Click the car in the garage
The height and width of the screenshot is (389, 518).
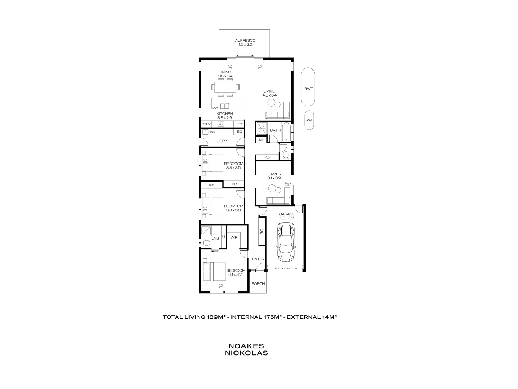pos(286,242)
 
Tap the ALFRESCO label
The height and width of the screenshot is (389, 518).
pos(245,41)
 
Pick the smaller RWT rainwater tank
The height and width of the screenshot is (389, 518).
pos(309,120)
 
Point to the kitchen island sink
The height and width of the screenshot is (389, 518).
pos(224,106)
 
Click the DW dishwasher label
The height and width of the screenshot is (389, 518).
pos(215,108)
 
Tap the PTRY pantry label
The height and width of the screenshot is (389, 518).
pos(206,124)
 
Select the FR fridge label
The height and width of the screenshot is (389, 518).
pos(240,124)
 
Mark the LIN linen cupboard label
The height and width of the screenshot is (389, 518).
pos(262,139)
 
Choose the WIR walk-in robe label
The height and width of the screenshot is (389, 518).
pos(234,237)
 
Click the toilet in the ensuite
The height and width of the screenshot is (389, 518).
pos(206,243)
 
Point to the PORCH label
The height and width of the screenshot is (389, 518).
pos(258,284)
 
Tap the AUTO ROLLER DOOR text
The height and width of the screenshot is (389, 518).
pos(286,268)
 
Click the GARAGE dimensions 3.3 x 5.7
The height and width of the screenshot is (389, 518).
pos(287,218)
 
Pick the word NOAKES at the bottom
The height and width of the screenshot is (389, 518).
pos(246,346)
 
